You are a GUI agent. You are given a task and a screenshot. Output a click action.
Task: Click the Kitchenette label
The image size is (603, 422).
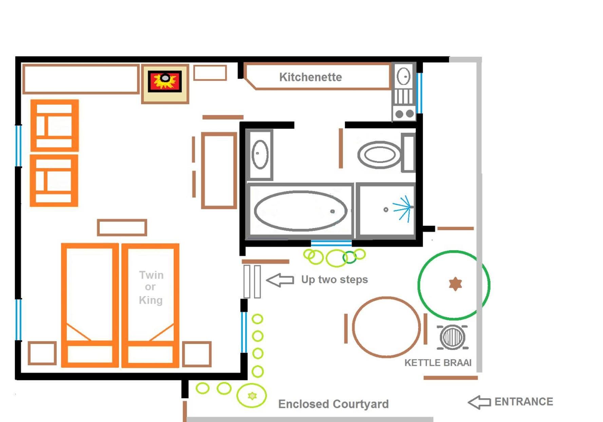(310, 77)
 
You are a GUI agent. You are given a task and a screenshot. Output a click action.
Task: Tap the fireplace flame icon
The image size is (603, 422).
(165, 81)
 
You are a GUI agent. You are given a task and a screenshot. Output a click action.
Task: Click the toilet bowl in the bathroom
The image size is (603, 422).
(379, 155)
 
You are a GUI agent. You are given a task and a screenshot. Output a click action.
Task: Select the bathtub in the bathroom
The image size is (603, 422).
(301, 211)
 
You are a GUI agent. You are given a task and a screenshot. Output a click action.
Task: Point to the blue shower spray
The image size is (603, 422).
(402, 208)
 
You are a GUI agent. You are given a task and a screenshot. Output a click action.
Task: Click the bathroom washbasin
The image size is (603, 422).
(260, 154)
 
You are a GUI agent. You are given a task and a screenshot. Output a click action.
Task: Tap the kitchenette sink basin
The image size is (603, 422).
(403, 76)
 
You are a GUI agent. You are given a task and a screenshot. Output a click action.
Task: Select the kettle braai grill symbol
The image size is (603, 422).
(453, 337)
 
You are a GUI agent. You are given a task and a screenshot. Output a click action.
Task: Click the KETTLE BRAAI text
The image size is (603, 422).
(438, 363)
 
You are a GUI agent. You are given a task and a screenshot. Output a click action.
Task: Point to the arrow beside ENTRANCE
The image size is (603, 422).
(479, 402)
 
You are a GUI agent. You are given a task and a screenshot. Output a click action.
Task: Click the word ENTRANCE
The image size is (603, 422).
(524, 402)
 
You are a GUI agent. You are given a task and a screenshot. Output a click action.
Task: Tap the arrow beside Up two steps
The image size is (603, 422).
(280, 280)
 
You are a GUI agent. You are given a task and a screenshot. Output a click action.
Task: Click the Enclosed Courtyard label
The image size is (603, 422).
(333, 404)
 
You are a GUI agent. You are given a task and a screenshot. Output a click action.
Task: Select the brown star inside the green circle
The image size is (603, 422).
(455, 284)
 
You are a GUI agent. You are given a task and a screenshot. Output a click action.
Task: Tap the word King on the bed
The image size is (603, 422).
(151, 300)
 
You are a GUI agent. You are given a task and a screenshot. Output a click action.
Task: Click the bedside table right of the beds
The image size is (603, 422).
(197, 354)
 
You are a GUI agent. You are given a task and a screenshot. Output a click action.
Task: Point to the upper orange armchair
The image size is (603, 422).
(55, 125)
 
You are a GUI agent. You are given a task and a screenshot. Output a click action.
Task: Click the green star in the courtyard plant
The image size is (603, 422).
(252, 396)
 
